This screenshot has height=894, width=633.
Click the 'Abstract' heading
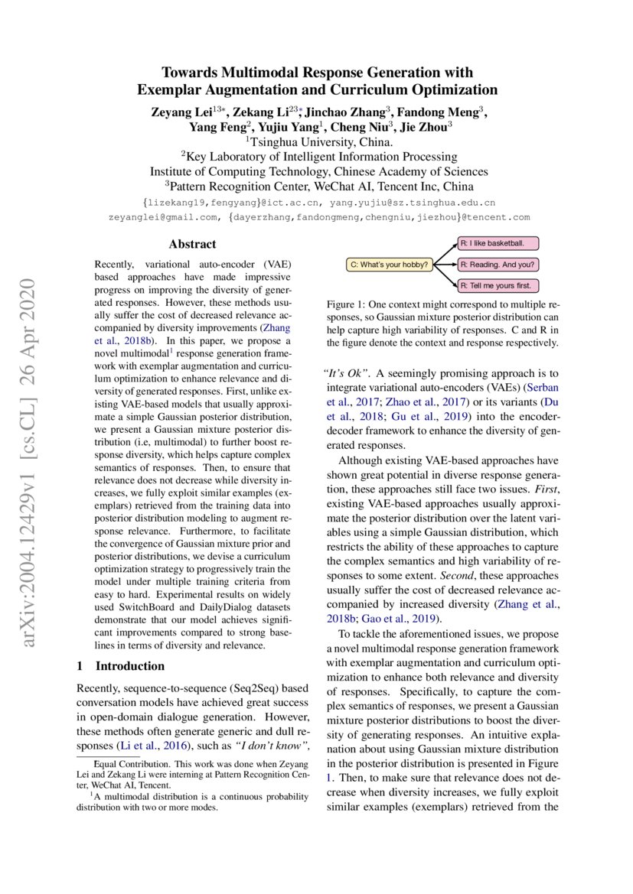pos(192,245)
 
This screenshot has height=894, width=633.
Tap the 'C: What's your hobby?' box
pos(390,265)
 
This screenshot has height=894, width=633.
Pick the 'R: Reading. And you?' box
pos(498,265)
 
